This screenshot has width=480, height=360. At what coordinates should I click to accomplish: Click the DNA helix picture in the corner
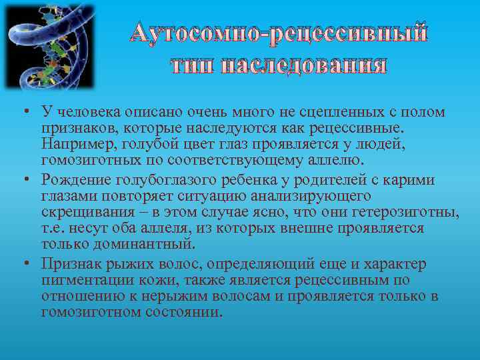click(50, 47)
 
